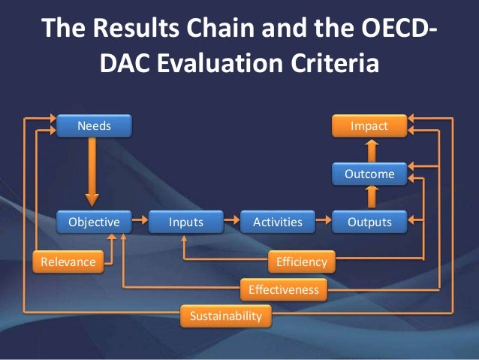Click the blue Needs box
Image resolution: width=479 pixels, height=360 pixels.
[94, 126]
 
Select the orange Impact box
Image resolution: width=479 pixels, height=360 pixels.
[369, 126]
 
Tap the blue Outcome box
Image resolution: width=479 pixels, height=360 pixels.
[369, 174]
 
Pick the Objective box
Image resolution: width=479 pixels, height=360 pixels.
[94, 222]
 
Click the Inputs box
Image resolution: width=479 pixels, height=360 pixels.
[185, 222]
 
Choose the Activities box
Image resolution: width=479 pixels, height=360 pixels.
[277, 222]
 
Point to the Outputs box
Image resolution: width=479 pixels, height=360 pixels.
[369, 222]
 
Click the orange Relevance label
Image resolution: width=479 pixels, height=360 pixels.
[68, 262]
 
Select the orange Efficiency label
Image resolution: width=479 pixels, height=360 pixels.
[301, 262]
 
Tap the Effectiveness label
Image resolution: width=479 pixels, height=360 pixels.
[283, 289]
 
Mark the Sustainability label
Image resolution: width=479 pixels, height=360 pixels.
[225, 316]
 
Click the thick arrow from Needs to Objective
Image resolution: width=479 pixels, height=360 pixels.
[92, 173]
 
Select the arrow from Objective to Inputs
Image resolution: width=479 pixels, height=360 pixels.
[139, 222]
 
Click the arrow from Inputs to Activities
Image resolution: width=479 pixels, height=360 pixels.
[231, 222]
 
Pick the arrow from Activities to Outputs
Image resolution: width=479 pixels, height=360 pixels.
[323, 222]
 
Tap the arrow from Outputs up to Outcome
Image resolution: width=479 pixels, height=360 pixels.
[369, 198]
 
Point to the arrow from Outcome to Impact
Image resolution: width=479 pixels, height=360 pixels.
[369, 150]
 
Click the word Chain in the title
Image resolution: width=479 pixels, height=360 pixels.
[218, 29]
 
